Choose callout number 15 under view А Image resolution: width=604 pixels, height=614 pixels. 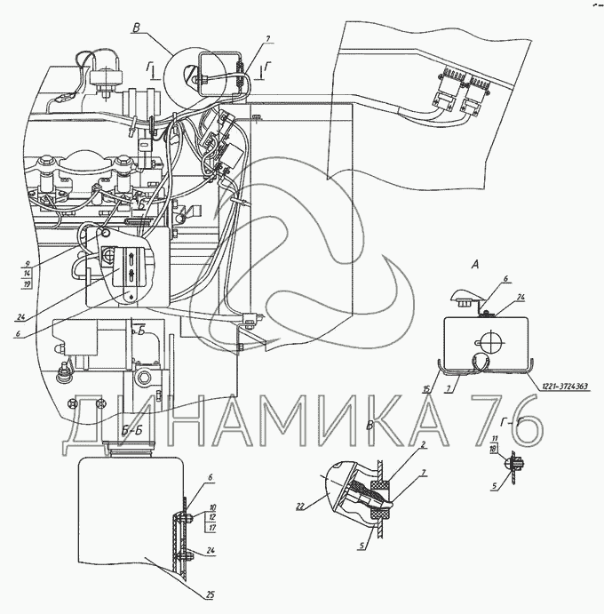click(426, 390)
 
